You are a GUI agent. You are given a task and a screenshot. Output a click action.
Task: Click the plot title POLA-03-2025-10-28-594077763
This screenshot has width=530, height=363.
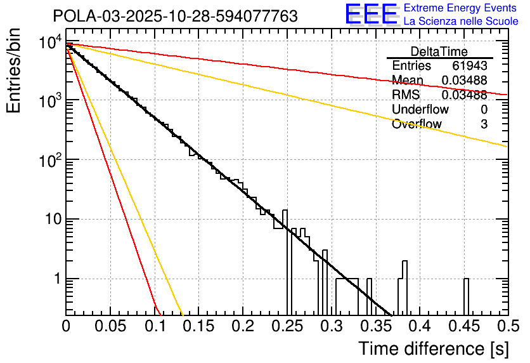175,16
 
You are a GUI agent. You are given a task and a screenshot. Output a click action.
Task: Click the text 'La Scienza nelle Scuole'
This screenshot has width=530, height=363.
461,22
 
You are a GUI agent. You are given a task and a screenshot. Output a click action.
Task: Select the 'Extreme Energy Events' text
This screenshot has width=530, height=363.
461,8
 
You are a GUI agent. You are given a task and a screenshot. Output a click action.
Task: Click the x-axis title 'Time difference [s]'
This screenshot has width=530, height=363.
433,348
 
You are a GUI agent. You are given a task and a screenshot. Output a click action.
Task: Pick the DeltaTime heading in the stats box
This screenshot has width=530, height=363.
439,51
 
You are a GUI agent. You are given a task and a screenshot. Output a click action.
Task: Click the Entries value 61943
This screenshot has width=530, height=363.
469,66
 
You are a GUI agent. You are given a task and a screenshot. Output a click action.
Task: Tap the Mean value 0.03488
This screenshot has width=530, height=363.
464,81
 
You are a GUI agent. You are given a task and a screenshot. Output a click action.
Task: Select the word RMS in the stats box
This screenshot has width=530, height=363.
406,95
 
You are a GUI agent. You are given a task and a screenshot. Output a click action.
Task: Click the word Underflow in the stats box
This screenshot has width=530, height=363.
416,110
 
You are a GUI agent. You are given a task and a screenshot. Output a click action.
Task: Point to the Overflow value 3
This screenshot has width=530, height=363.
484,124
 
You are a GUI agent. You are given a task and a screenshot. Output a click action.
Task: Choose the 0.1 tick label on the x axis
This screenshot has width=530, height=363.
154,327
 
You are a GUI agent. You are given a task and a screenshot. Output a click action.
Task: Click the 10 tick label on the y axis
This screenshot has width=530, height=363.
49,220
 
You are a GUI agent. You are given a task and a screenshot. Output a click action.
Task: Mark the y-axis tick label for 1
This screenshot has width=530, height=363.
55,279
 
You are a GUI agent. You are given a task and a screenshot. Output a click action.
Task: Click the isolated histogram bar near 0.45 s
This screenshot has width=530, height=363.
466,296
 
